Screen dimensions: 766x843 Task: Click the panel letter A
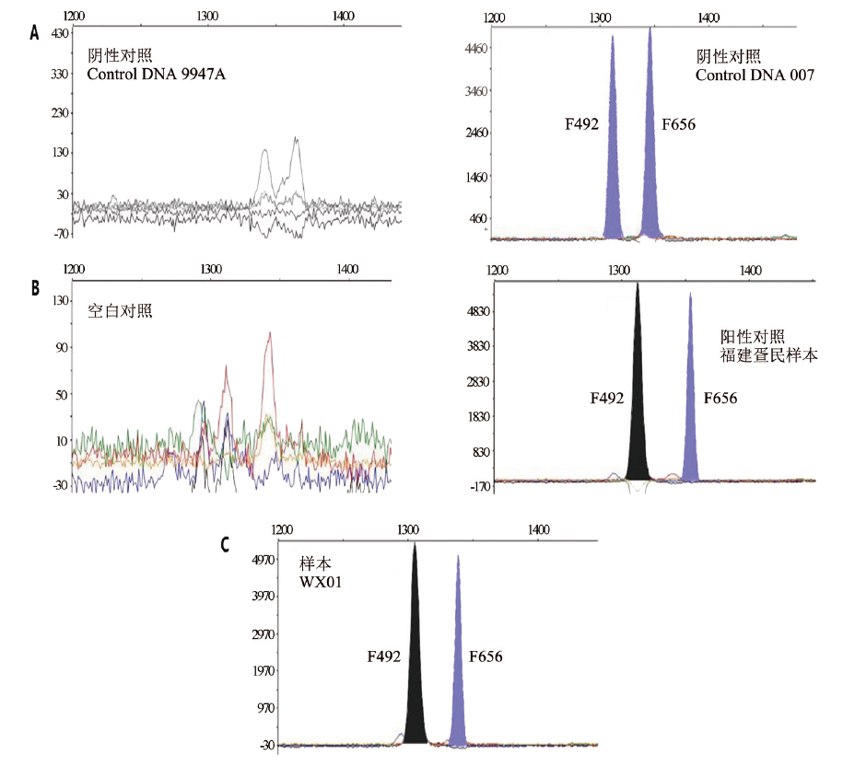34,33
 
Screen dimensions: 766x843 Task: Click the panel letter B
34,287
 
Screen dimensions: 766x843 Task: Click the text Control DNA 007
755,75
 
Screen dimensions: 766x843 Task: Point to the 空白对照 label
120,310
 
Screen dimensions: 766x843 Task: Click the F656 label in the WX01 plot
486,656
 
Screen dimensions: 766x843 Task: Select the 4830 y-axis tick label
478,312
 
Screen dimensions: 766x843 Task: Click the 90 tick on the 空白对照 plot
63,347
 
